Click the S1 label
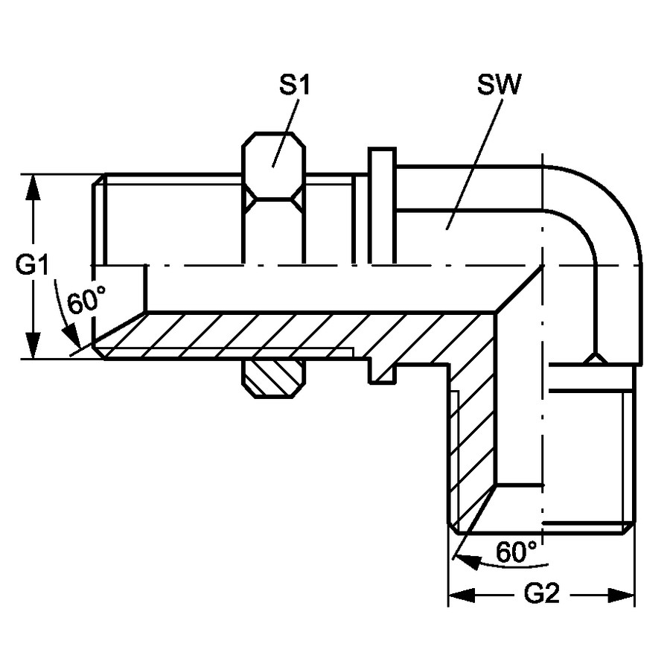tap(294, 85)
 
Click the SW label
tap(499, 85)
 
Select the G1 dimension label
tap(32, 265)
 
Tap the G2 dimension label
tap(541, 594)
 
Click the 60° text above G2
tap(516, 551)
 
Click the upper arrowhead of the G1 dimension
tap(33, 188)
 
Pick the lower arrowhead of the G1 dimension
tap(33, 345)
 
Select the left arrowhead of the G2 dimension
tap(462, 595)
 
